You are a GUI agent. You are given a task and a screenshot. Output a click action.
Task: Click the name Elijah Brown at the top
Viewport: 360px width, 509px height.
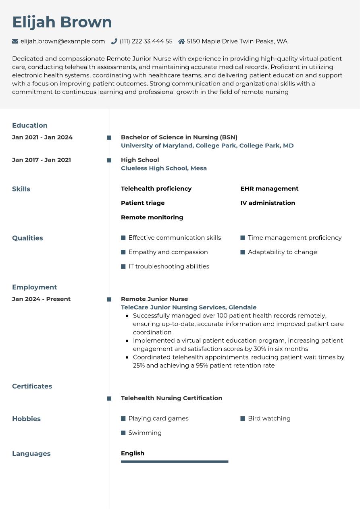click(62, 22)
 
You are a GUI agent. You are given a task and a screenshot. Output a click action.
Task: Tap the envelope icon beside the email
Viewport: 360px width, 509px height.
click(15, 41)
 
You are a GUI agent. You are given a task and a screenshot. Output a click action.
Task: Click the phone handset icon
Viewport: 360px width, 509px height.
click(114, 41)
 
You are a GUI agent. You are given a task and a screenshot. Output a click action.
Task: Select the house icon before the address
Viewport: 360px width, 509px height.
click(181, 41)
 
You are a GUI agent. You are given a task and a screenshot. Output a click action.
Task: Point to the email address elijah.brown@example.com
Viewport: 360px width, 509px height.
click(62, 41)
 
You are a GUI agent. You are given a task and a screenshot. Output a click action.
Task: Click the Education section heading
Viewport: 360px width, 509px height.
click(30, 125)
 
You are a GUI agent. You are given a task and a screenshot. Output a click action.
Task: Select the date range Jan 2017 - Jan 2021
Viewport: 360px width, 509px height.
click(42, 160)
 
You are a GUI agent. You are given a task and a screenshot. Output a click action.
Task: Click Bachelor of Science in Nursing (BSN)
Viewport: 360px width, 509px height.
click(179, 137)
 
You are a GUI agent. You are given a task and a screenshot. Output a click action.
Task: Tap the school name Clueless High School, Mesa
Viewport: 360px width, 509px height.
click(164, 168)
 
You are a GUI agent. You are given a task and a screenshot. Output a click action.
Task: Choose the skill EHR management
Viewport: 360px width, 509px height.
click(269, 189)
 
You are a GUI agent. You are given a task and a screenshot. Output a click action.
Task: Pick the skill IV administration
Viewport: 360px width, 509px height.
click(268, 203)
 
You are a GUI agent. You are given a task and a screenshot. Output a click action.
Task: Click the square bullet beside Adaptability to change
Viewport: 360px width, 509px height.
click(243, 252)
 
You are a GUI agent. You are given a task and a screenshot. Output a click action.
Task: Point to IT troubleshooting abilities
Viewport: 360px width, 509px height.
click(169, 266)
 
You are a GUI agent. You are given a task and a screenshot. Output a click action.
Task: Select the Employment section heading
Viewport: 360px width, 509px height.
click(34, 287)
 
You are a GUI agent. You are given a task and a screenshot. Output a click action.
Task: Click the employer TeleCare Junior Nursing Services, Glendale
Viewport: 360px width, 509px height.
click(189, 307)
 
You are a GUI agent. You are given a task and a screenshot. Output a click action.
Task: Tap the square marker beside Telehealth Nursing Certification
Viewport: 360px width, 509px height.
click(109, 399)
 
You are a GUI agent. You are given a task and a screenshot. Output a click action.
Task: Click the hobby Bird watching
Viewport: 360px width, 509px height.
click(269, 418)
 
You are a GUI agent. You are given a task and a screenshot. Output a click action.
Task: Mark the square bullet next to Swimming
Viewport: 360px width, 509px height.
click(123, 433)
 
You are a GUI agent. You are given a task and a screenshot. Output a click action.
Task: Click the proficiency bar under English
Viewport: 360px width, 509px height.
click(175, 461)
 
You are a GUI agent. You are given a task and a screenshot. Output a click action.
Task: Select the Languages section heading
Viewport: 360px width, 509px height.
click(31, 453)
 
